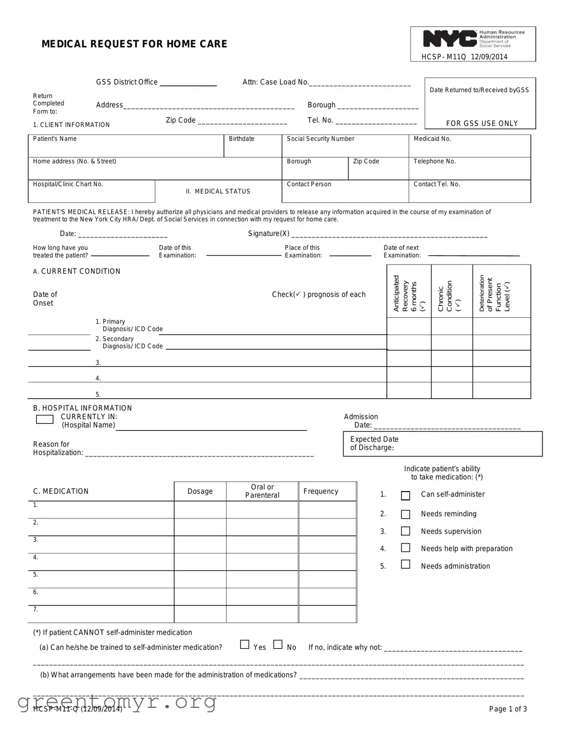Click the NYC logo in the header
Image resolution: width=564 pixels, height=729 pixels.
(x=450, y=39)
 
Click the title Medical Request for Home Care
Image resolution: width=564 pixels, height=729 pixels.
(x=135, y=44)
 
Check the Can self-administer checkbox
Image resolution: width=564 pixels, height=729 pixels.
(x=405, y=495)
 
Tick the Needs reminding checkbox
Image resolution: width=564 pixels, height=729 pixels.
(x=405, y=514)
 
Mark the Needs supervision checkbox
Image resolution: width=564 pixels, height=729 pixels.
(x=405, y=531)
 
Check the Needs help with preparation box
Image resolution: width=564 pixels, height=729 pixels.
(x=405, y=548)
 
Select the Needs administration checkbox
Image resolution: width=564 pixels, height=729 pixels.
(x=405, y=565)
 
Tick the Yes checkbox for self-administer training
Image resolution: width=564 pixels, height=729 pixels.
(x=244, y=644)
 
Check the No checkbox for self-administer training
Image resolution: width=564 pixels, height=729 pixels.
(x=278, y=644)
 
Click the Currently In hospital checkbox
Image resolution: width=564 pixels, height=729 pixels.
(x=45, y=419)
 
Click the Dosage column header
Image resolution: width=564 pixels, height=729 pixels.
(x=200, y=492)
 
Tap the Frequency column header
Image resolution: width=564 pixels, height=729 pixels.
(x=321, y=492)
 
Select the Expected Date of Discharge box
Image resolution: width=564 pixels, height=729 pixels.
(x=443, y=444)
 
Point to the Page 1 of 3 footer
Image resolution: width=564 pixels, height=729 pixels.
(x=508, y=709)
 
